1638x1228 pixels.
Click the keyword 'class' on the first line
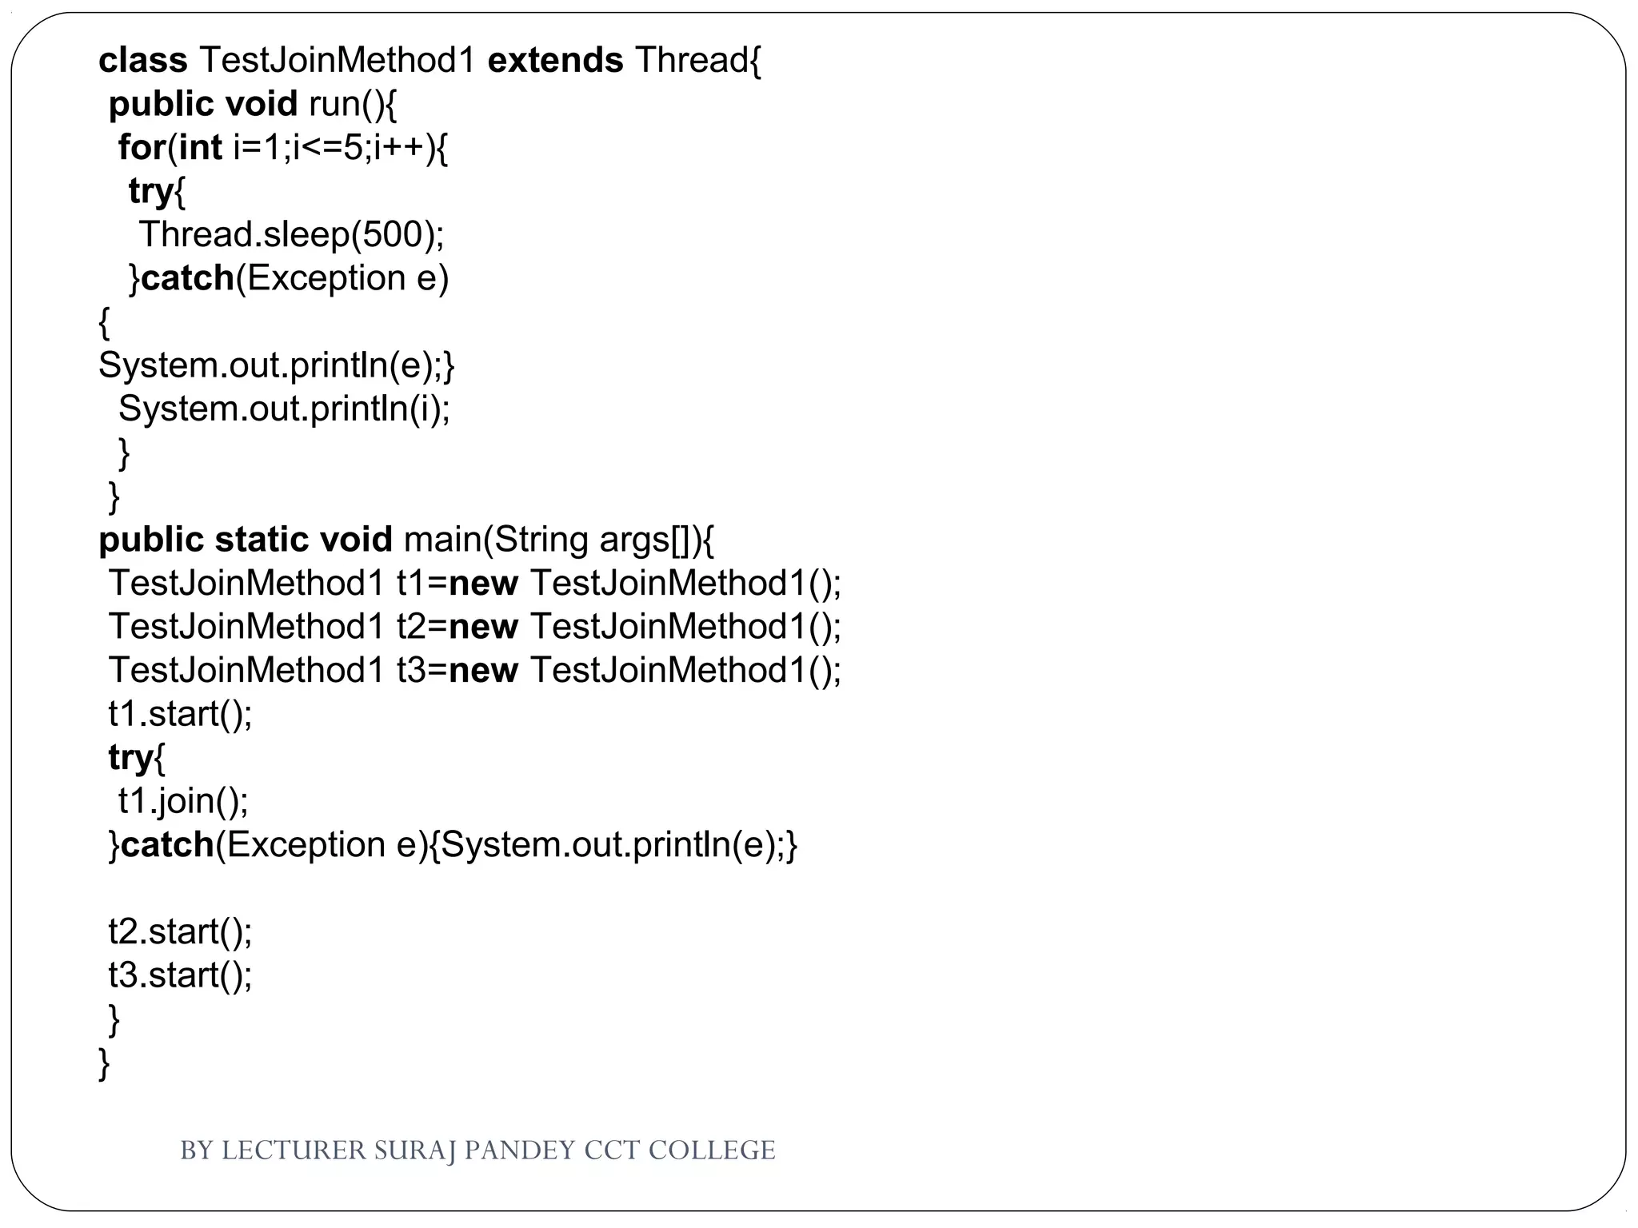(142, 60)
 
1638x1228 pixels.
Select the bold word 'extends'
(555, 60)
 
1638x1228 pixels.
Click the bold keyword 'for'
(142, 148)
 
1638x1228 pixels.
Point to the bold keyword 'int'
(200, 148)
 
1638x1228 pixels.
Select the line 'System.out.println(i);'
(284, 409)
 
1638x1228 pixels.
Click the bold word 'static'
(262, 540)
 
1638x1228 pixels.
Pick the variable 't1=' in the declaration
(421, 584)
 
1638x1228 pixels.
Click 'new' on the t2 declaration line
(483, 627)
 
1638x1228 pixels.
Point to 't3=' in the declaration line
(421, 670)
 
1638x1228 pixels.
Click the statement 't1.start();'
(180, 714)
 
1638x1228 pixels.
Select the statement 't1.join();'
(183, 801)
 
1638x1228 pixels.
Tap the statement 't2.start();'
(180, 932)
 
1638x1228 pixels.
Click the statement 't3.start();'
(180, 975)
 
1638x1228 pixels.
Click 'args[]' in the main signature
(644, 540)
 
